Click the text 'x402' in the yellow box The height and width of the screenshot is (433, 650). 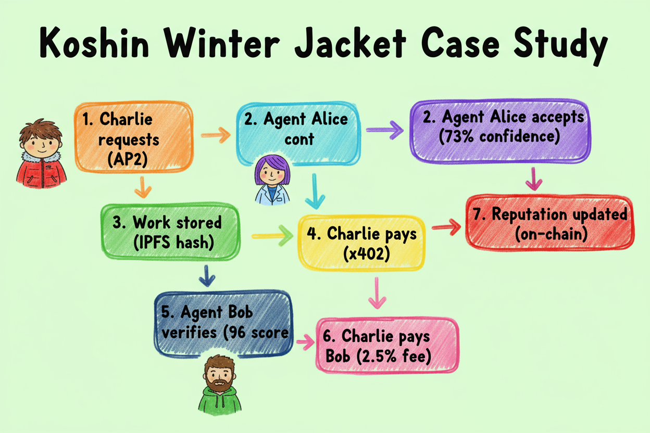coord(361,253)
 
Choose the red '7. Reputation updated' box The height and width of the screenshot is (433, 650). coord(549,224)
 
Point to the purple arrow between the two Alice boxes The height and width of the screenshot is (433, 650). coord(385,130)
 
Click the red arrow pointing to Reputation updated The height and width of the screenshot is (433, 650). coord(446,225)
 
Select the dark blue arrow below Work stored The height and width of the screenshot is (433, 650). coord(207,276)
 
